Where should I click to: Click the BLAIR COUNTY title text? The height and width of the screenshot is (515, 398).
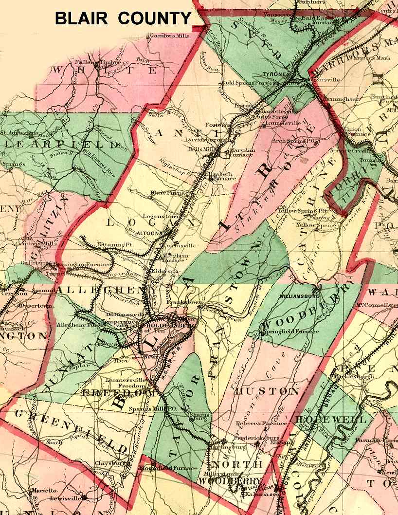(x=123, y=18)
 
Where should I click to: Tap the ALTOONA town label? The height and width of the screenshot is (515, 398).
(x=150, y=233)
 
